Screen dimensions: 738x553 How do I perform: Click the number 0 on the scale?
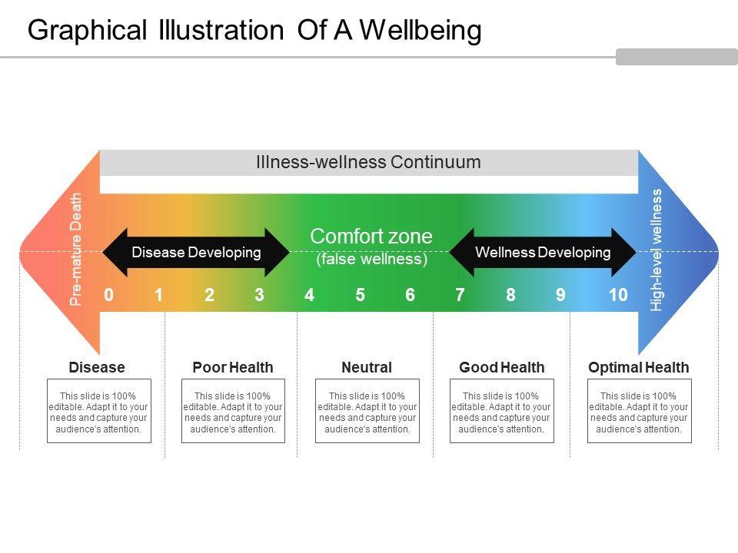[x=108, y=295]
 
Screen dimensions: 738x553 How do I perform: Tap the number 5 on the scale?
[x=360, y=295]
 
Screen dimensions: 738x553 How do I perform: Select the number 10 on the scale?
[x=618, y=295]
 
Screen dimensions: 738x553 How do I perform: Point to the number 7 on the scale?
[x=460, y=295]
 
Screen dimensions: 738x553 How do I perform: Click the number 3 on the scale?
[x=259, y=295]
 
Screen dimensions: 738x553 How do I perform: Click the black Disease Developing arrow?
[x=196, y=253]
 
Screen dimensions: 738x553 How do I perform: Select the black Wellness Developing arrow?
[x=543, y=253]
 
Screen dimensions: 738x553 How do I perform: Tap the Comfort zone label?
[x=371, y=236]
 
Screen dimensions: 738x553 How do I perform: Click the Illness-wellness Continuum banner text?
[x=368, y=162]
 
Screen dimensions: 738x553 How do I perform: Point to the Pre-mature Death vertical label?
[x=76, y=249]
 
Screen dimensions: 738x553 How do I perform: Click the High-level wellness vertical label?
[x=656, y=250]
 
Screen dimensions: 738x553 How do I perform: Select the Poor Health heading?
[x=233, y=367]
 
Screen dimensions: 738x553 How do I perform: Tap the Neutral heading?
[x=367, y=367]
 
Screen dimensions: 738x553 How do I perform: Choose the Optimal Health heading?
[x=639, y=367]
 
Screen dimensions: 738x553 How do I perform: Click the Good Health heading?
[x=502, y=367]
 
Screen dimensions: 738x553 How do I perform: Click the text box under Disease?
[x=99, y=411]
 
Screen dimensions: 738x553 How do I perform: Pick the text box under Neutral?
[x=367, y=411]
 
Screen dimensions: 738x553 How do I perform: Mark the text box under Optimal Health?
[x=639, y=411]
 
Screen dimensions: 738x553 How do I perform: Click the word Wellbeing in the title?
[x=421, y=30]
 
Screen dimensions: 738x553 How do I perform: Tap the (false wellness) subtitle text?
[x=372, y=259]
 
